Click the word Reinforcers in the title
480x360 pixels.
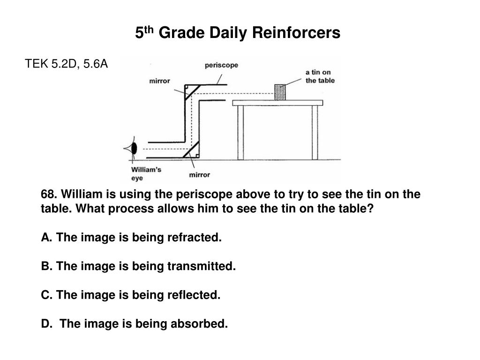(x=297, y=33)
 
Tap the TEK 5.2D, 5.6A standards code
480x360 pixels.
(x=66, y=64)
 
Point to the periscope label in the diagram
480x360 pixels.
(x=221, y=66)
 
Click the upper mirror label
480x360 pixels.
(x=159, y=81)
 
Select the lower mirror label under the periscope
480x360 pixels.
(x=199, y=175)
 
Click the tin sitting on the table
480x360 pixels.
(x=280, y=92)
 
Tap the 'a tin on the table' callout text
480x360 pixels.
(x=320, y=76)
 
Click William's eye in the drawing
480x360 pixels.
(x=133, y=149)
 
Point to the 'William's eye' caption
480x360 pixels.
(x=146, y=173)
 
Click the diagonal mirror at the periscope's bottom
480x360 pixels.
(x=192, y=149)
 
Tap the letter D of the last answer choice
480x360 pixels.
(x=46, y=323)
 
